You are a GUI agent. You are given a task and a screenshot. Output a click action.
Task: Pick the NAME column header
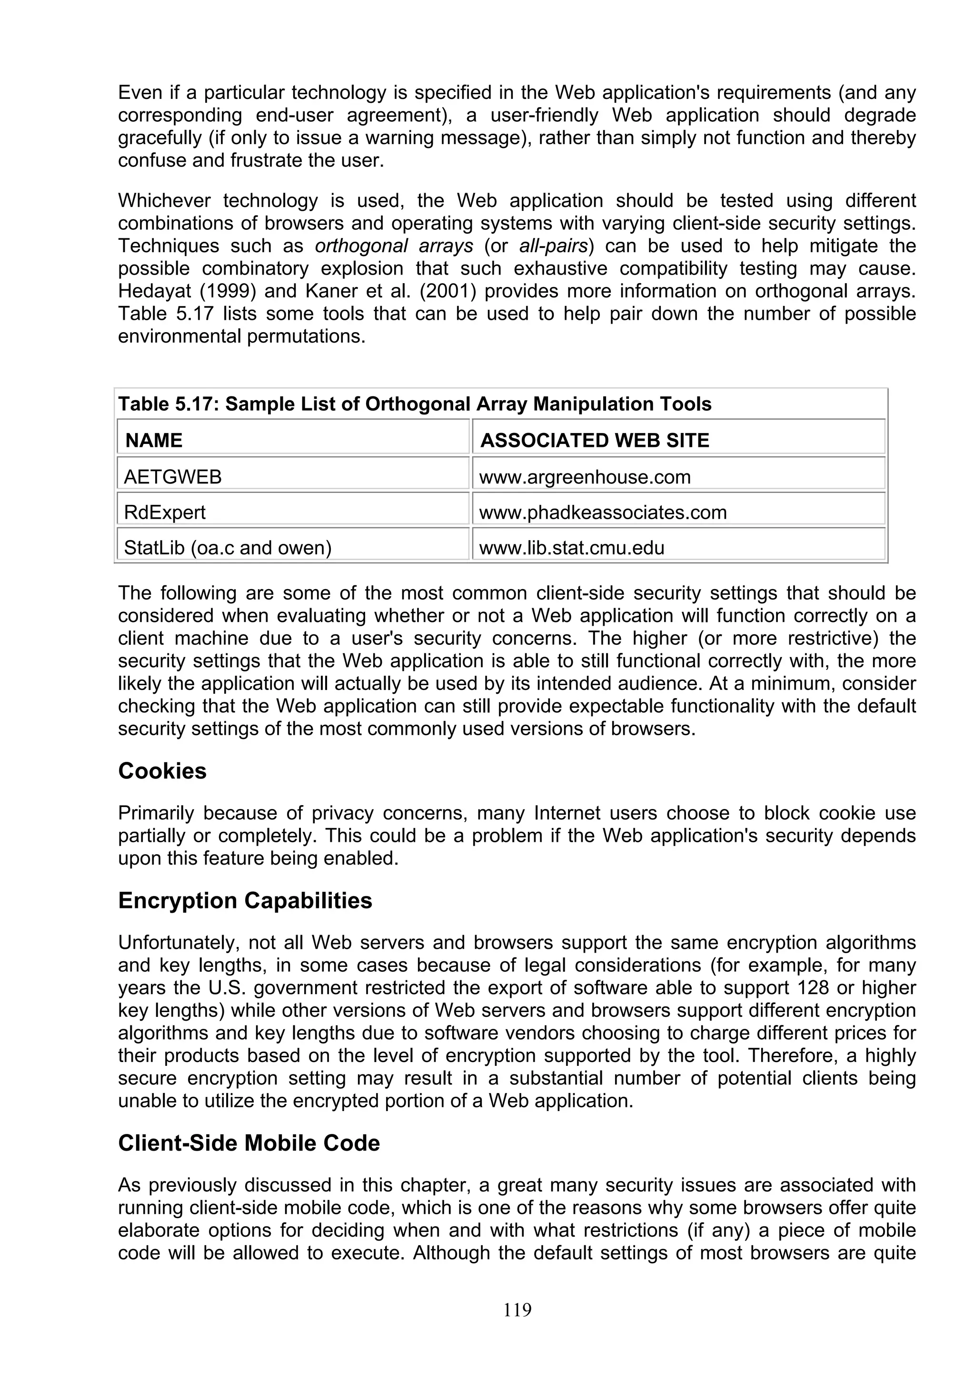154,440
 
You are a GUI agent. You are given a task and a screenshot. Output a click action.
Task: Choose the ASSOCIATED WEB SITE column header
595,440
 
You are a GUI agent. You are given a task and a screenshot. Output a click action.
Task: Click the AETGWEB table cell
173,477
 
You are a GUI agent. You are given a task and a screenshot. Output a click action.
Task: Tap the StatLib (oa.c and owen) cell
228,548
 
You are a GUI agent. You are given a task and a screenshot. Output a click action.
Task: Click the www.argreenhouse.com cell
585,477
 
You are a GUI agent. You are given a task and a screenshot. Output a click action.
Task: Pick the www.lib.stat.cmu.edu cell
571,548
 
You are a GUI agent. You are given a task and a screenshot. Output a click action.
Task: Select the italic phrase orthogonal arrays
394,246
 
